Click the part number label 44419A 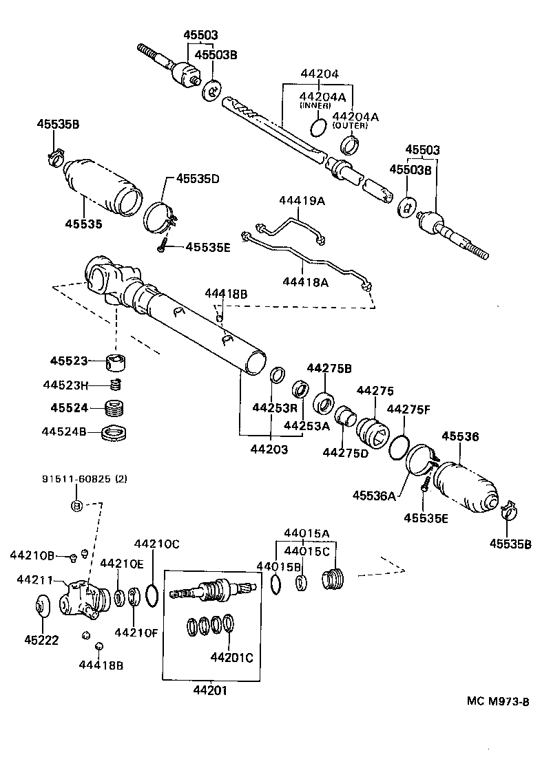pyautogui.click(x=301, y=201)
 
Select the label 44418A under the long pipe pyautogui.click(x=305, y=281)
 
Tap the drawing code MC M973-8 pyautogui.click(x=497, y=701)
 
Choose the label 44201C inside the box pyautogui.click(x=231, y=657)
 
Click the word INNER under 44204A pyautogui.click(x=314, y=106)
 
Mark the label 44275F pyautogui.click(x=408, y=409)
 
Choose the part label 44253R pyautogui.click(x=273, y=407)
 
